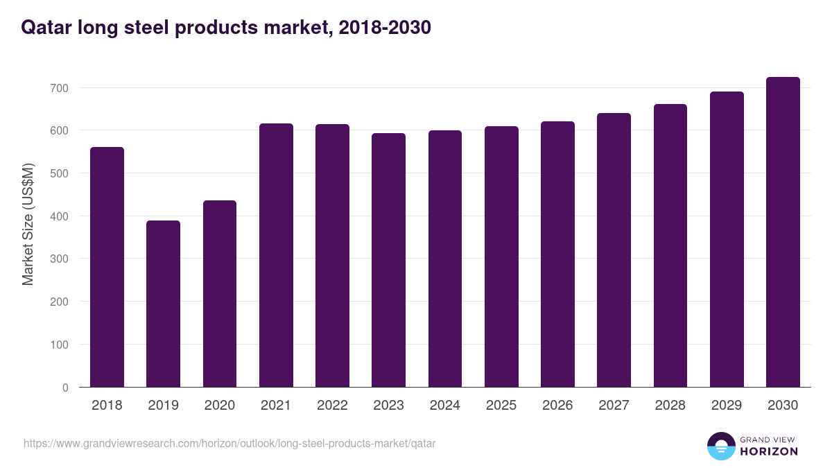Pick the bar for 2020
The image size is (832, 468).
tap(220, 294)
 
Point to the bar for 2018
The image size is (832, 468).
tap(107, 267)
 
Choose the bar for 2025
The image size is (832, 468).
tap(501, 257)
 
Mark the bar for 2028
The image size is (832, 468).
tap(670, 245)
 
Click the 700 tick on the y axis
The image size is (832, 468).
tap(60, 88)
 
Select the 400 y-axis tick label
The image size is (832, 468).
tap(60, 216)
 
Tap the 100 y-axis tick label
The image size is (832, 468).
tap(60, 345)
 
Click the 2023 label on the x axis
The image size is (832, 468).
tap(388, 406)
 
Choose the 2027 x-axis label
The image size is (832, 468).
tap(614, 406)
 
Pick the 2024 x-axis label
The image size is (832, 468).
tap(444, 406)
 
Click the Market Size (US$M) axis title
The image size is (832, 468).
tap(28, 224)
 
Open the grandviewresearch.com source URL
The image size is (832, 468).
tap(229, 443)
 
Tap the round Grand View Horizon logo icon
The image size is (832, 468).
tap(720, 446)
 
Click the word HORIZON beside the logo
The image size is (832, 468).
tap(769, 451)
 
